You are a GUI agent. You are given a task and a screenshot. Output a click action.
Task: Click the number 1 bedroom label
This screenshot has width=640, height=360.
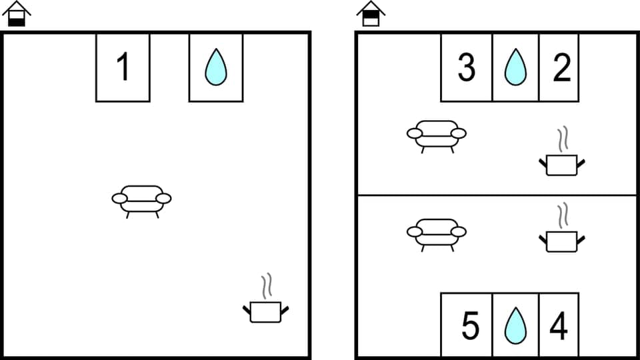(x=123, y=67)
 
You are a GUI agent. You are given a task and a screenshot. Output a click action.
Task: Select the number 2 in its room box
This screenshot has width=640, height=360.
(x=561, y=67)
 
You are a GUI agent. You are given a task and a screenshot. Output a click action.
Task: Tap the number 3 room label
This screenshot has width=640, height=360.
(x=467, y=67)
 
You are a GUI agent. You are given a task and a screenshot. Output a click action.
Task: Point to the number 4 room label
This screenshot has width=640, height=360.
(x=559, y=326)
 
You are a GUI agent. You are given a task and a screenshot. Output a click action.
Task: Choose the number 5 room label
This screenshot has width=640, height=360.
(x=471, y=326)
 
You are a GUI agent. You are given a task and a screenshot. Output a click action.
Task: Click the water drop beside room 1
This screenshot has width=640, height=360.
(x=215, y=67)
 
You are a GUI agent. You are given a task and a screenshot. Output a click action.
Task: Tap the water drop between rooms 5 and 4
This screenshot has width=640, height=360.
(x=514, y=326)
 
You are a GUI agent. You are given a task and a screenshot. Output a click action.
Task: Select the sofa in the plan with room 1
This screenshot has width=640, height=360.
(x=141, y=200)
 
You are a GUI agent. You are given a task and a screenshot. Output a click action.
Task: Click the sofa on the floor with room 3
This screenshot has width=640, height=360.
(x=437, y=135)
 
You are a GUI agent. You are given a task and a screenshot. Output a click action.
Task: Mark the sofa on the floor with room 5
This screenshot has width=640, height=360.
(x=437, y=233)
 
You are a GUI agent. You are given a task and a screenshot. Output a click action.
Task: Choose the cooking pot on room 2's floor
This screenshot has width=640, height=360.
(x=561, y=164)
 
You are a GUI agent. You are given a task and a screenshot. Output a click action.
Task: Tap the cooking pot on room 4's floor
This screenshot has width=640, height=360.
(x=561, y=240)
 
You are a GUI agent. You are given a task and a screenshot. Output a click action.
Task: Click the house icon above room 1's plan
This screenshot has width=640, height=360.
(x=17, y=13)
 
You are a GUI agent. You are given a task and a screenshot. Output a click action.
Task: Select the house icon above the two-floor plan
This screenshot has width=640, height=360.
(x=371, y=13)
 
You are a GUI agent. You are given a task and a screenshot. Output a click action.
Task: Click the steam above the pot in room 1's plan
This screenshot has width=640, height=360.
(x=267, y=285)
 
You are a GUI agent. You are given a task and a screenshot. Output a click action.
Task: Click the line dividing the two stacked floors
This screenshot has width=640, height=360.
(x=497, y=195)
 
